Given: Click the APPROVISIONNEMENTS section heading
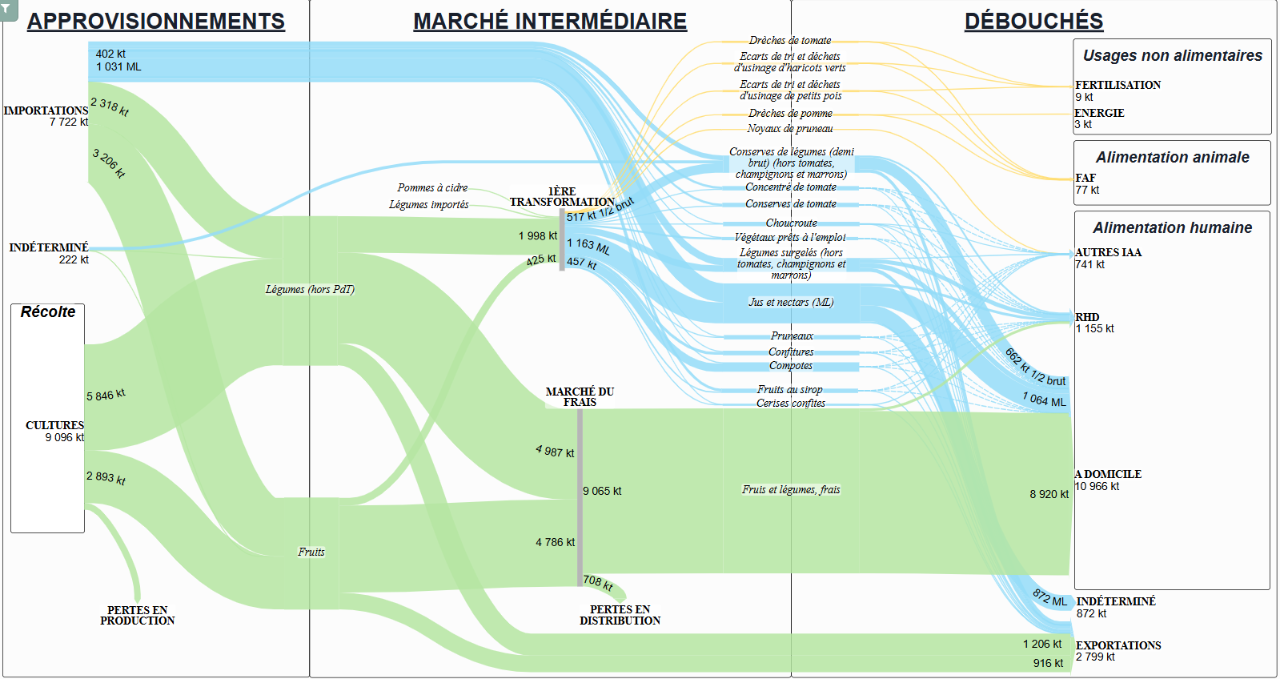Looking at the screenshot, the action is click(156, 21).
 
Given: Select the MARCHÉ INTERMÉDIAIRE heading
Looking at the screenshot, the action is click(550, 21).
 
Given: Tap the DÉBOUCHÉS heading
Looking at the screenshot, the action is click(1033, 21).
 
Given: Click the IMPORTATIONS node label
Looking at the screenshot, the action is click(46, 110).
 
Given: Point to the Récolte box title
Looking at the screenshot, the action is click(48, 311).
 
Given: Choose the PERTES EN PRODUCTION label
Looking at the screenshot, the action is click(137, 616).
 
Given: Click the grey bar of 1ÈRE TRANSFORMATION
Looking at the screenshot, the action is click(562, 239).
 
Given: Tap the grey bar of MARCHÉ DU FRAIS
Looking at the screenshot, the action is click(580, 497).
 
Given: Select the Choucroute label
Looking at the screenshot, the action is click(792, 223).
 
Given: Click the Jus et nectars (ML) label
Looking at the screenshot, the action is click(791, 302).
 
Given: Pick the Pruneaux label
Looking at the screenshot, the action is click(792, 335).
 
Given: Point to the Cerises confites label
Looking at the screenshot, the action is click(791, 403).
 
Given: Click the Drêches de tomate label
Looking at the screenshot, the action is click(790, 40).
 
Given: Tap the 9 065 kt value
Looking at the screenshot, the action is click(602, 491).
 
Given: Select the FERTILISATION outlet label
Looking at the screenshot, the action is click(1117, 85).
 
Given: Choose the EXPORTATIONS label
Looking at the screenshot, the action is click(1118, 645).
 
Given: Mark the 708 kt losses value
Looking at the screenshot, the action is click(598, 582).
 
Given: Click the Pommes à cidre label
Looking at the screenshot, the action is click(432, 187).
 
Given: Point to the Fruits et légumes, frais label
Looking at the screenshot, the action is click(791, 489).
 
